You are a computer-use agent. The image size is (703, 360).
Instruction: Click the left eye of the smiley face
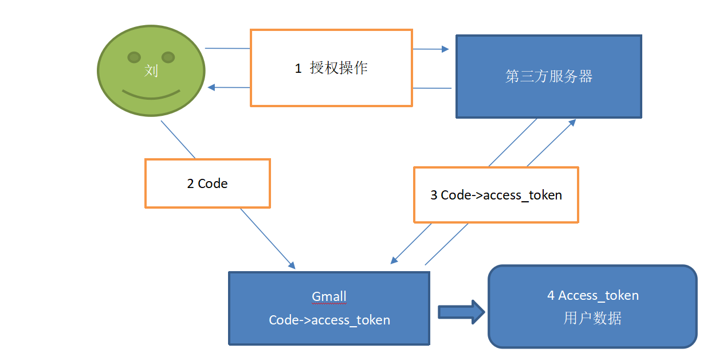(x=134, y=57)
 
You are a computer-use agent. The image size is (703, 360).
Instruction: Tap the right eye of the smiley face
(x=168, y=57)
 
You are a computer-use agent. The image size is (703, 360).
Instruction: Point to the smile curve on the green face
(x=151, y=95)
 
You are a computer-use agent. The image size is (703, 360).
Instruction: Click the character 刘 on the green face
(x=151, y=71)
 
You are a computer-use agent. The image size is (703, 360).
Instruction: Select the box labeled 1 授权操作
(x=331, y=68)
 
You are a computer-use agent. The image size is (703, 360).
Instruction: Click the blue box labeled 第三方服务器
(x=548, y=76)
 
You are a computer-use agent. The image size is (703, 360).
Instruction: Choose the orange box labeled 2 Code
(x=207, y=183)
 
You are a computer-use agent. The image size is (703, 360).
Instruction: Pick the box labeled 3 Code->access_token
(x=496, y=195)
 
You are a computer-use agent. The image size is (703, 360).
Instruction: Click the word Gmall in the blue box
(x=329, y=296)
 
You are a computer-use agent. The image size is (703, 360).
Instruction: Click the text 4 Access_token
(x=592, y=295)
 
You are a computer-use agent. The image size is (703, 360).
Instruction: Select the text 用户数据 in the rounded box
(x=592, y=318)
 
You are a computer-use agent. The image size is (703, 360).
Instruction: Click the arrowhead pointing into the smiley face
(x=211, y=87)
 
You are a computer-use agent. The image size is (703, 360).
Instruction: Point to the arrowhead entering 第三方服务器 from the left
(x=445, y=49)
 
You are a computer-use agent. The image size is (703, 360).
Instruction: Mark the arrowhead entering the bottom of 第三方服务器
(x=572, y=122)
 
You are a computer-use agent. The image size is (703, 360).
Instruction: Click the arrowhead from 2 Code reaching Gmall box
(x=292, y=265)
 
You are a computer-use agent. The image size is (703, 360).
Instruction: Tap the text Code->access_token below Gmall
(x=329, y=320)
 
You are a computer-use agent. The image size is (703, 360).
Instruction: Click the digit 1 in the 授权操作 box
(x=298, y=68)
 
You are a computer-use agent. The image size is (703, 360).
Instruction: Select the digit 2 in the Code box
(x=190, y=183)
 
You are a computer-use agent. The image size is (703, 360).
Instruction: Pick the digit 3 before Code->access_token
(x=434, y=195)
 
